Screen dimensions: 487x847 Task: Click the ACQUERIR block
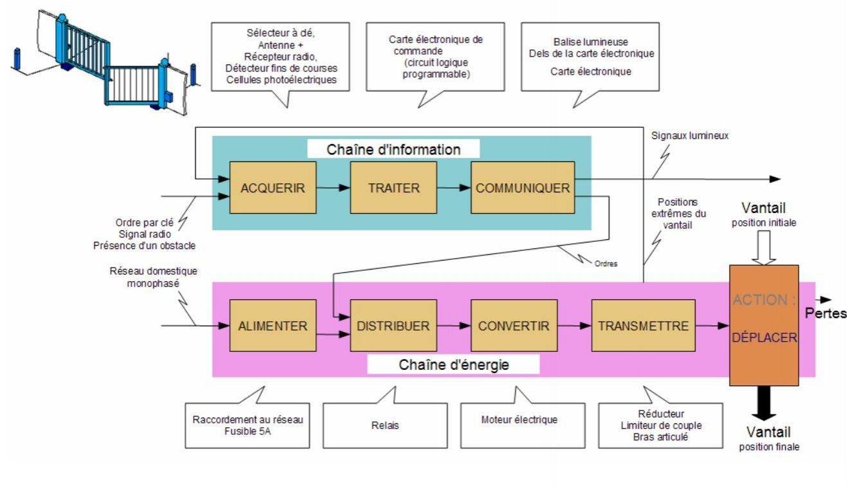(272, 188)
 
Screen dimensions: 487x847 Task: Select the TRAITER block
(393, 188)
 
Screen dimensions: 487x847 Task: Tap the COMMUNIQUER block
(523, 188)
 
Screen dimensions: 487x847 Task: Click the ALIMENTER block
(272, 326)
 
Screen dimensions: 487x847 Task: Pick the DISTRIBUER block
(393, 326)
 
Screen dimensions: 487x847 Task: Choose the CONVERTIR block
(514, 326)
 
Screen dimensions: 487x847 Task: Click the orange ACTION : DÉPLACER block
(764, 325)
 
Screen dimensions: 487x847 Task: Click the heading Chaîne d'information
(394, 149)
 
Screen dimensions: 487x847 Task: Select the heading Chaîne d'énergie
(454, 365)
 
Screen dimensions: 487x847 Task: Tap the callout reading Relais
(385, 425)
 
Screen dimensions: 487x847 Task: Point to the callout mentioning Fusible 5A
(247, 425)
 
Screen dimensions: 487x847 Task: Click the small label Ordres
(606, 263)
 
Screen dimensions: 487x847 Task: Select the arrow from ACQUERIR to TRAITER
(333, 188)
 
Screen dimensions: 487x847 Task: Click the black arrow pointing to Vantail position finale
(763, 404)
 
